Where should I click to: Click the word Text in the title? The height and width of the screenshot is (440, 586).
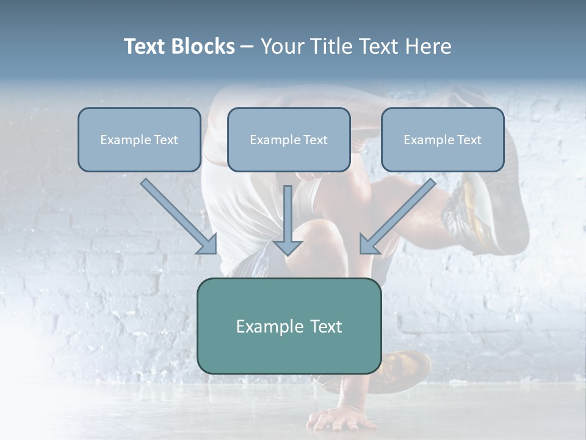coord(146,46)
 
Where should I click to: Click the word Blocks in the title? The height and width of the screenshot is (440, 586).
coord(203,46)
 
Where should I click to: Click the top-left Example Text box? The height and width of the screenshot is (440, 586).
coord(139,139)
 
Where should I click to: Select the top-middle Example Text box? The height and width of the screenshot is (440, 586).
coord(289,139)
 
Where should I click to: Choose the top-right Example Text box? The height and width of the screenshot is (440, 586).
coord(443,139)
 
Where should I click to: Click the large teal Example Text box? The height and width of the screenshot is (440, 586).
coord(289,326)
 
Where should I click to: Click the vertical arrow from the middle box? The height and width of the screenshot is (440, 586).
coord(288,217)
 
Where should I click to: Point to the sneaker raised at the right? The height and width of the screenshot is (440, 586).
coord(482,211)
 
